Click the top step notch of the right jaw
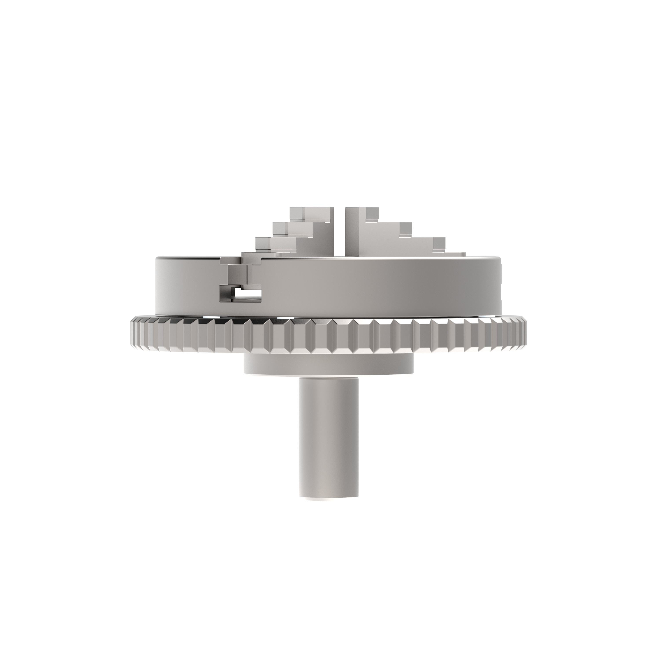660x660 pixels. point(372,213)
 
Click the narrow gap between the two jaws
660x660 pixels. point(339,232)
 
